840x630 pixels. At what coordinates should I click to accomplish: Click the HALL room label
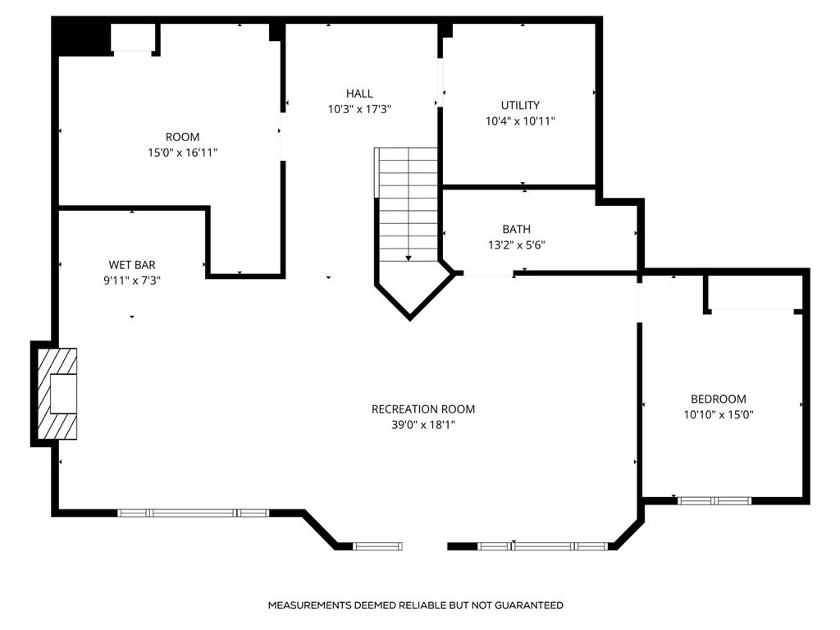tap(359, 94)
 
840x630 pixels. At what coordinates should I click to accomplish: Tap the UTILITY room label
tap(520, 106)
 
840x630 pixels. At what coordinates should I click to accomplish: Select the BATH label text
tap(517, 230)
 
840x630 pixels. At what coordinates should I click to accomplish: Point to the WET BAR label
tap(132, 265)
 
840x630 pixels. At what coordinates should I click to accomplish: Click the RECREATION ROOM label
tap(423, 409)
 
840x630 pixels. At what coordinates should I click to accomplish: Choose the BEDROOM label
tap(719, 399)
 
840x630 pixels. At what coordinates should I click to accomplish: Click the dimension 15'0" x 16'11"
tap(183, 153)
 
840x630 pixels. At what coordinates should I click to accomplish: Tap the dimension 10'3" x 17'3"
tap(359, 109)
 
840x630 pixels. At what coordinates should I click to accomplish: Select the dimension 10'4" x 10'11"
tap(520, 121)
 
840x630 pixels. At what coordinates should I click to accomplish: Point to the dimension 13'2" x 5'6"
tap(517, 245)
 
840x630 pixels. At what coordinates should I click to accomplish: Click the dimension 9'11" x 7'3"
tap(132, 281)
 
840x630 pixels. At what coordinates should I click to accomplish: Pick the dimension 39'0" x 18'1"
tap(423, 426)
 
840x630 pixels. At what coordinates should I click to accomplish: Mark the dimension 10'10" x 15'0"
tap(719, 414)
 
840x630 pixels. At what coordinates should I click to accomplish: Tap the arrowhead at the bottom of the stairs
tap(409, 258)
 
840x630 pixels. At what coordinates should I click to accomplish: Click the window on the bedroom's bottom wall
tap(714, 501)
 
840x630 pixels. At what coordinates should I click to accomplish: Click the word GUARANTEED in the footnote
tap(529, 605)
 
